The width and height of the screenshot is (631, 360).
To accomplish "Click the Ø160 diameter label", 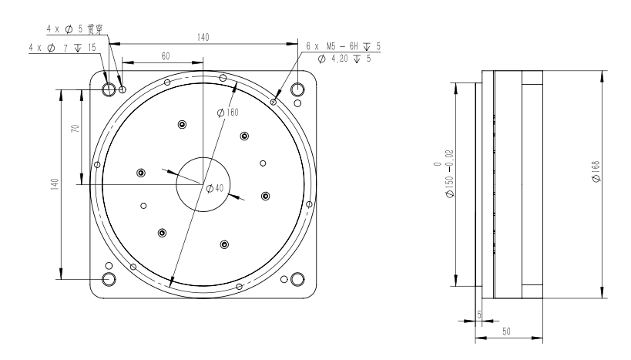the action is point(228,113).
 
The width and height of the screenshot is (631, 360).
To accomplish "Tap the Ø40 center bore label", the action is point(214,188).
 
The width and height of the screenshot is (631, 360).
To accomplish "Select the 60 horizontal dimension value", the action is point(166,56).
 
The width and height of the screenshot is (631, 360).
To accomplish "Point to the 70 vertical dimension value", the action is point(76,128).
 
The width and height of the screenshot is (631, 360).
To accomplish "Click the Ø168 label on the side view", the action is point(596,171).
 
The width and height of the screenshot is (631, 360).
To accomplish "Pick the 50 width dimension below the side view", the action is point(506,331).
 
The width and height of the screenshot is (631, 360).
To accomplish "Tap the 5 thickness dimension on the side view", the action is point(479,315).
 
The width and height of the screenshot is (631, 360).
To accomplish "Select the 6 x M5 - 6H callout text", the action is point(344,46).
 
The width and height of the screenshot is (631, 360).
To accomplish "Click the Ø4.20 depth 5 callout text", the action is point(344,59).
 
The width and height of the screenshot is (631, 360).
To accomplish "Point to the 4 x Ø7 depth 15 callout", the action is point(62,48).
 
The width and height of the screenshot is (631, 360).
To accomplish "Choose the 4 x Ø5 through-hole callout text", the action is point(75,29).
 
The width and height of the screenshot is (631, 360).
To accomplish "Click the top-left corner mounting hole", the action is point(109,89).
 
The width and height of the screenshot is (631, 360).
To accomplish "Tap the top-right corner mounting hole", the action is point(297,89).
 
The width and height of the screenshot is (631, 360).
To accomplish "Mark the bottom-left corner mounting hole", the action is point(109,278).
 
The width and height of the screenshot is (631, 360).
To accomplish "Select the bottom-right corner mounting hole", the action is point(297,278).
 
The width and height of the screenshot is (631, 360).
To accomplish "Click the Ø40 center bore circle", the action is point(203,184).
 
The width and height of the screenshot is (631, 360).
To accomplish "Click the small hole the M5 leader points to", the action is point(274,102).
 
